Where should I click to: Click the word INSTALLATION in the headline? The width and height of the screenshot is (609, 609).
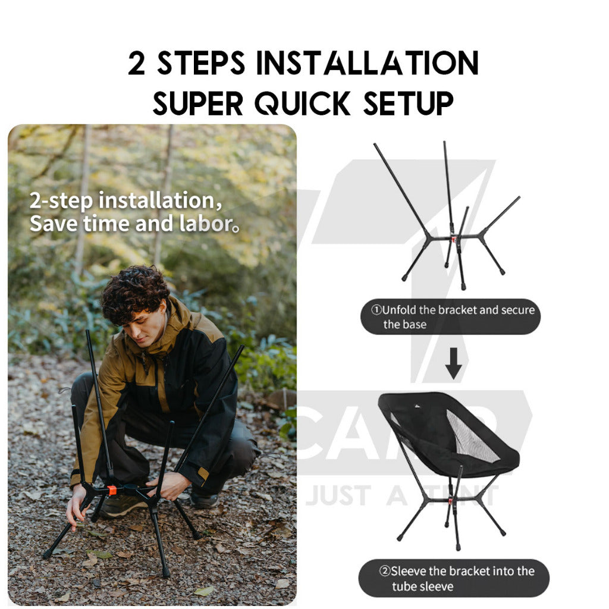coord(367,63)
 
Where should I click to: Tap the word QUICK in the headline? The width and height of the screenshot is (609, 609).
coord(303,103)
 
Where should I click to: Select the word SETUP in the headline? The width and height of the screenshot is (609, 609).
coord(408,103)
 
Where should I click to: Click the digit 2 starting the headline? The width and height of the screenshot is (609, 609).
coord(137,63)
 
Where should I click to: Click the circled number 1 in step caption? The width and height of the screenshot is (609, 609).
coord(376,310)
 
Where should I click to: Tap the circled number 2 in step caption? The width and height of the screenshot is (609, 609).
coord(385,571)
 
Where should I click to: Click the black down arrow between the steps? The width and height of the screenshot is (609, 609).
coord(453,363)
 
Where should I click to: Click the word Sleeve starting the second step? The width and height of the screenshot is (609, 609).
coord(409,571)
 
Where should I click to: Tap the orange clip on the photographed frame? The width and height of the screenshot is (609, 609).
coord(112,490)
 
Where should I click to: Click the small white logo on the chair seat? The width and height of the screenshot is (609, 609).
coord(417,406)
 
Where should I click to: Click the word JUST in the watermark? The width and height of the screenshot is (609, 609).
coord(338,495)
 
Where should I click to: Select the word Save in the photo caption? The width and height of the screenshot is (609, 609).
coord(54,224)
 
